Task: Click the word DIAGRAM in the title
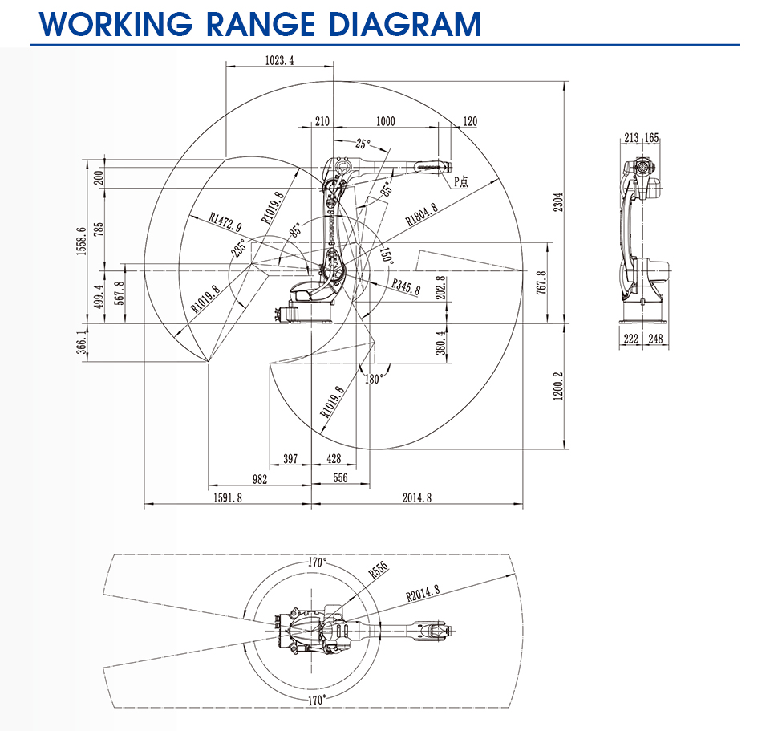click(x=405, y=24)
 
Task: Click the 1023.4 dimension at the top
click(x=279, y=60)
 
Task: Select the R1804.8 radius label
click(x=421, y=214)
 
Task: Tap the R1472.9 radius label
click(x=225, y=221)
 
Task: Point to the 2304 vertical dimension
click(x=558, y=202)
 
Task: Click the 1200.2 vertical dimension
click(x=558, y=386)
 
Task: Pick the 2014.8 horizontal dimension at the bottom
click(x=417, y=497)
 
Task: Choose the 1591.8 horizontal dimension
click(x=227, y=497)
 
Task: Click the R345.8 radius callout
click(x=406, y=286)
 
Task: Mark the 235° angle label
click(x=239, y=248)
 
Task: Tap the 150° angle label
click(x=387, y=255)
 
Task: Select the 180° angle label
click(x=373, y=379)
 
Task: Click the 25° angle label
click(x=363, y=144)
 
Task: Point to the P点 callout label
click(x=460, y=181)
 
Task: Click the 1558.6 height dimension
click(x=82, y=241)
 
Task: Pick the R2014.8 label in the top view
click(x=423, y=594)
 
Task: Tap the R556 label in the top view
click(x=378, y=570)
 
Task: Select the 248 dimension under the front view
click(x=655, y=339)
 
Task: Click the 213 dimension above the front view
click(x=631, y=137)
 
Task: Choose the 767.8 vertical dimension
click(x=541, y=282)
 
